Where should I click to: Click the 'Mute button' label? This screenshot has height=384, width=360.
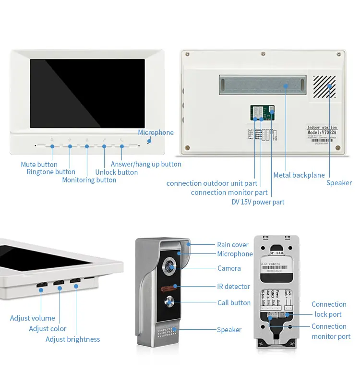coord(39,165)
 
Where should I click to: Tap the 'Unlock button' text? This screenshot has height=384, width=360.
coord(116,172)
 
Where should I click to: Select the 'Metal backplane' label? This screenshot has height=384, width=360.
coord(299,175)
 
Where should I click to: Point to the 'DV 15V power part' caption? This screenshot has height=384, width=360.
coord(258,202)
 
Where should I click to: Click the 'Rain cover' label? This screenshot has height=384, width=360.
coord(233,245)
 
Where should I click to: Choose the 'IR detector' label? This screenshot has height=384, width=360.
coord(233,287)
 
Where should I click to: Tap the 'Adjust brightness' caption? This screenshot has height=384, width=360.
coord(72,339)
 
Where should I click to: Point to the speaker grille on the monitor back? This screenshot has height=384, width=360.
coord(324,86)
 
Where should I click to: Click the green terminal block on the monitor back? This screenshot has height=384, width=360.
coord(262,113)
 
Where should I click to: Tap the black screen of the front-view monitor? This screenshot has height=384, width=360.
coord(87,94)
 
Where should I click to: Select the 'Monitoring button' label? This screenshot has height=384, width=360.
coord(89,180)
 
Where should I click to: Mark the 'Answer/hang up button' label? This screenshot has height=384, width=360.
coord(146,164)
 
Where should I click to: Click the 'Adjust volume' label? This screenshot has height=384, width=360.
coord(33,318)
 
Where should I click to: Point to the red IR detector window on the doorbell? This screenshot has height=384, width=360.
coord(168,287)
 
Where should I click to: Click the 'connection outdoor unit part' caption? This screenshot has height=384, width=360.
coord(212,183)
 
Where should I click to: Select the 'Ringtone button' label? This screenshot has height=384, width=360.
coord(51,172)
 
